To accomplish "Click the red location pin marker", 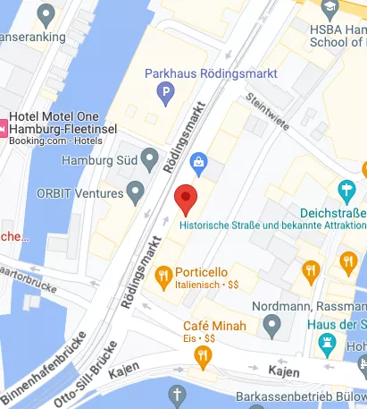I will pyautogui.click(x=185, y=199).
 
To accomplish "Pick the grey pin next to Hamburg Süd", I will pyautogui.click(x=134, y=161).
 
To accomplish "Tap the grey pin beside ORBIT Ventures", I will pyautogui.click(x=136, y=190).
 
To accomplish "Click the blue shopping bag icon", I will pyautogui.click(x=198, y=163).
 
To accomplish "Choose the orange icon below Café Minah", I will pyautogui.click(x=203, y=356).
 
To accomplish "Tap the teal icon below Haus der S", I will pyautogui.click(x=329, y=342).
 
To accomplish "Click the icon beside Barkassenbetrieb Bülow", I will pyautogui.click(x=177, y=396).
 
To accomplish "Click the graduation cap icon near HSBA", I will pyautogui.click(x=331, y=8).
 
